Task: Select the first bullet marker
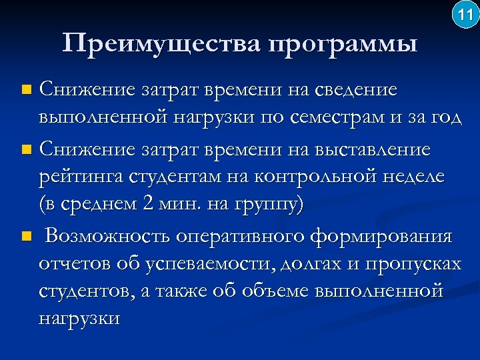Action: pyautogui.click(x=26, y=89)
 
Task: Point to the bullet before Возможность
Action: pyautogui.click(x=26, y=237)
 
